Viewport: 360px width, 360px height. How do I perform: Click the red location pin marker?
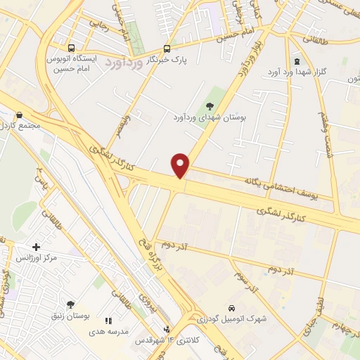pyautogui.click(x=181, y=165)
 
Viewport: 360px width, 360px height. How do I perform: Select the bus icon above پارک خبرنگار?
pyautogui.click(x=167, y=49)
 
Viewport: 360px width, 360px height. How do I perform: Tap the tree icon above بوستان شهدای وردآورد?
pyautogui.click(x=210, y=105)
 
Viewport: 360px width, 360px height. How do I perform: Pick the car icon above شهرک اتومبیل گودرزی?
pyautogui.click(x=231, y=308)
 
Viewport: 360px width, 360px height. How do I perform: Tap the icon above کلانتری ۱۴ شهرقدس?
pyautogui.click(x=167, y=329)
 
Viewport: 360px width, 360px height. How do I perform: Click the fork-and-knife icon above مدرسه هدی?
pyautogui.click(x=108, y=321)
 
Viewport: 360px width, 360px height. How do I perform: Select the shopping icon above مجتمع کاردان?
pyautogui.click(x=19, y=115)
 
